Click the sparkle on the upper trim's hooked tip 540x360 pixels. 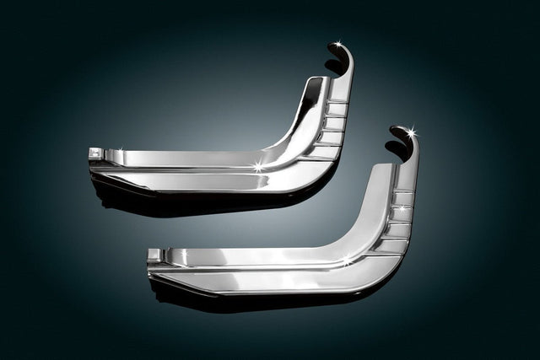[x=337, y=43]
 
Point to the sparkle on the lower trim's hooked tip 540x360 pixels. [x=411, y=131]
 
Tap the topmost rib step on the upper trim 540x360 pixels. [x=337, y=102]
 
